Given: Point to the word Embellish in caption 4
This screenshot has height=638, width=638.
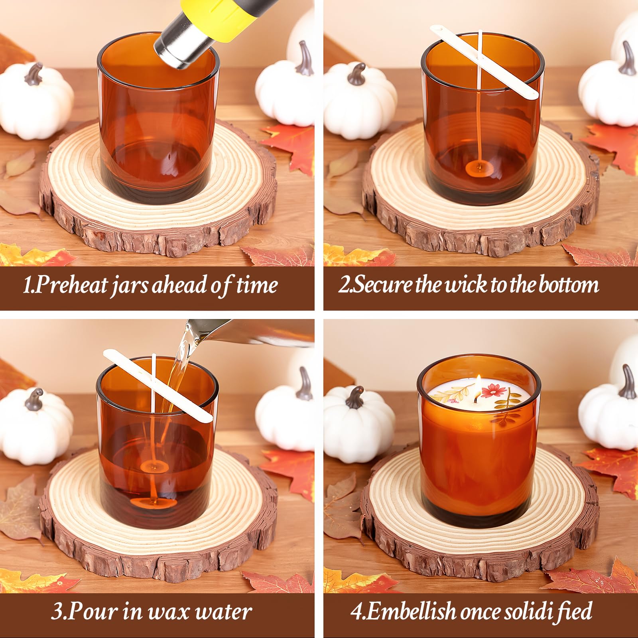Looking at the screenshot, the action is click(x=411, y=611).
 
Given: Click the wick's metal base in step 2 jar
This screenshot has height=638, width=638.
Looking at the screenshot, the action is click(x=477, y=166).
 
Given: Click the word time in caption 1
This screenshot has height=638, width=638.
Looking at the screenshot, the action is click(x=257, y=286).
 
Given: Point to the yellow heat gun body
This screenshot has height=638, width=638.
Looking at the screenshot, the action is click(x=223, y=14).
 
